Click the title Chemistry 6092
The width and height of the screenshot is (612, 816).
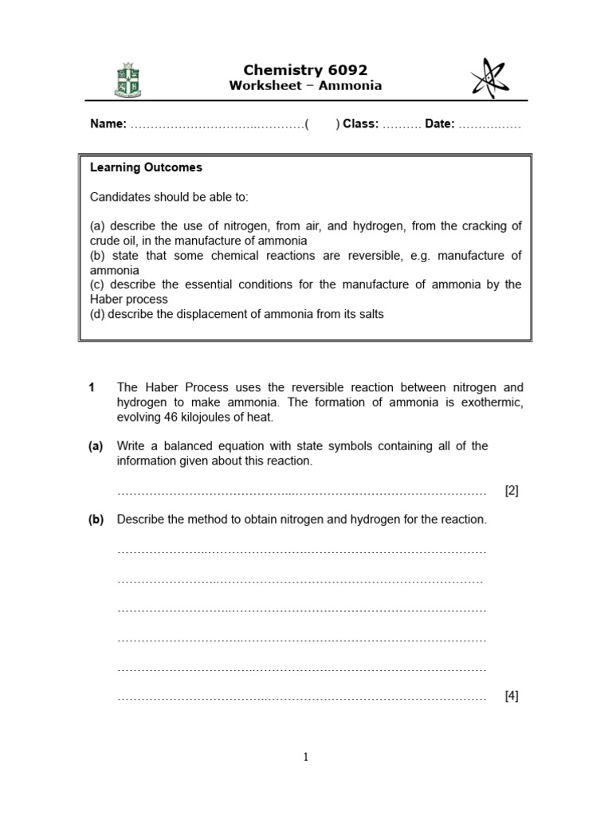[x=306, y=70]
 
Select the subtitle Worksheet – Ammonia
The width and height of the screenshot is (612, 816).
[x=306, y=86]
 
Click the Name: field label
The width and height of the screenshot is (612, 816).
[x=108, y=124]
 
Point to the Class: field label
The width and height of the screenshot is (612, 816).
[x=361, y=124]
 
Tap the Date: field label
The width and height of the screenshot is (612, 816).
[x=440, y=124]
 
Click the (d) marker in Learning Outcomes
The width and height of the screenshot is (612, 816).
[x=97, y=314]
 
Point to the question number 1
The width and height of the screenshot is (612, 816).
[x=92, y=388]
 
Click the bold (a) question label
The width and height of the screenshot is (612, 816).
[x=96, y=446]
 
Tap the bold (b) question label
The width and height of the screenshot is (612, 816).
[x=96, y=520]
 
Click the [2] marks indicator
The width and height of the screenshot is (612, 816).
[x=512, y=491]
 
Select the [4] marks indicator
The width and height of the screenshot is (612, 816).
[x=512, y=696]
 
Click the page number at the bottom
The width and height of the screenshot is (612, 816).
[x=305, y=758]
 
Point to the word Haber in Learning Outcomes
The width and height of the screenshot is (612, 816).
[x=105, y=300]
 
